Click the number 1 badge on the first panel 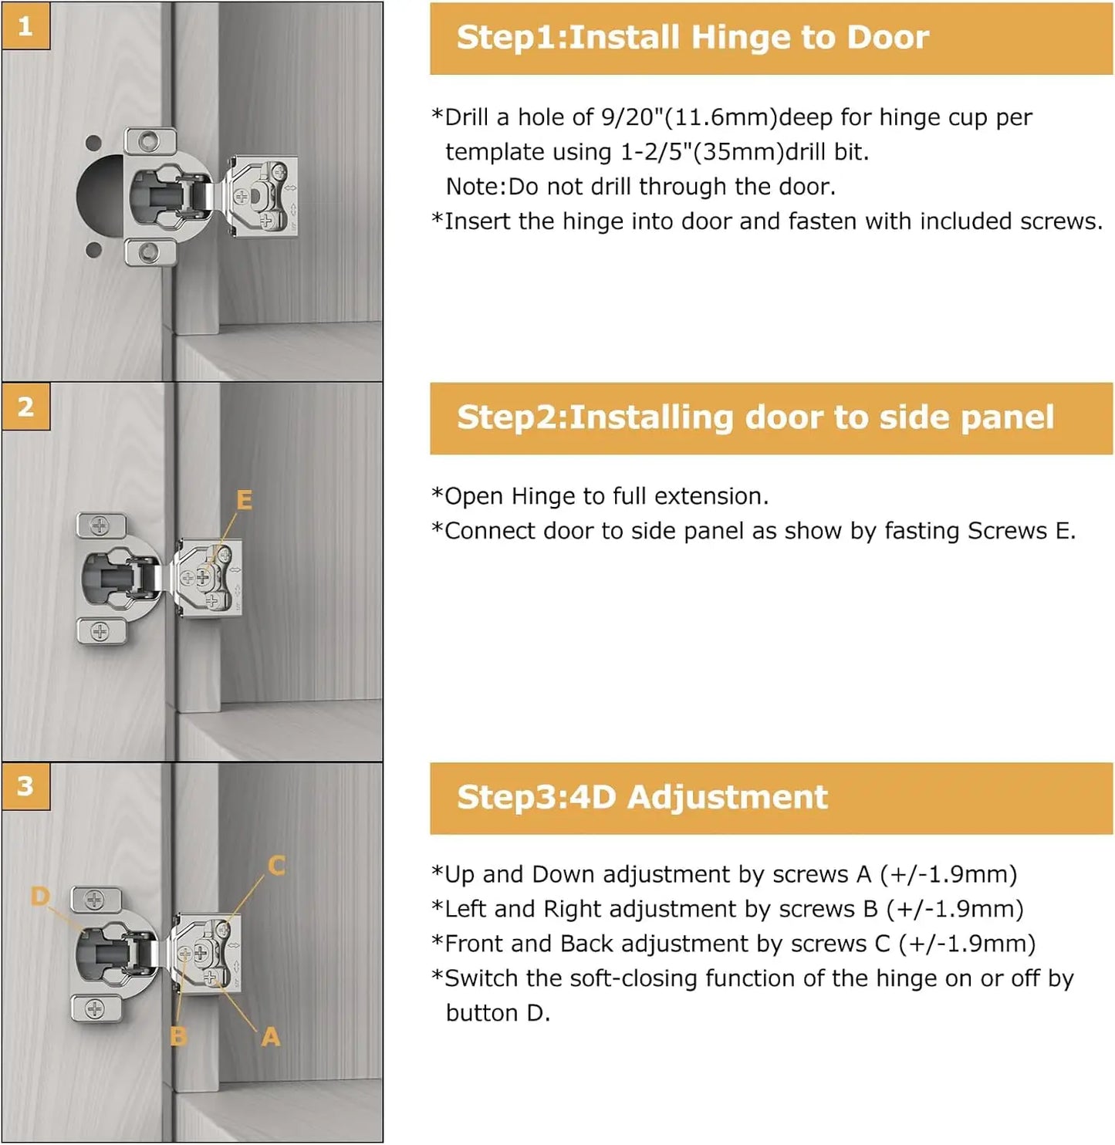pos(25,26)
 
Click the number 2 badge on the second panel pos(25,407)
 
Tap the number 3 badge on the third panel pos(25,786)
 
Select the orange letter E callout pos(244,500)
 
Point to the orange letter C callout pos(276,866)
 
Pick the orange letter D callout pos(40,896)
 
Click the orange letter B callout pos(178,1036)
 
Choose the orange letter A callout pos(270,1036)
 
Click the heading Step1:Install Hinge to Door pos(692,38)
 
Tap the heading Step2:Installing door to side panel pos(755,417)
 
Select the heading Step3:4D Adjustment pos(641,797)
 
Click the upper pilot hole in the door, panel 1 pos(93,143)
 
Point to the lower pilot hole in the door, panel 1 pos(93,249)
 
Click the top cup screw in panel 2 pos(100,526)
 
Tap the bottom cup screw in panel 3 pos(94,1008)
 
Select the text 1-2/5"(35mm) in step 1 pos(702,152)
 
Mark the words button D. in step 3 pos(498,1013)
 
